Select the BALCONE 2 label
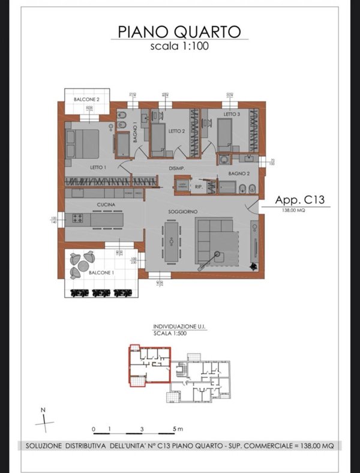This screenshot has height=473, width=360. pyautogui.click(x=86, y=98)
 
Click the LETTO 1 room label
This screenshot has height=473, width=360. pyautogui.click(x=98, y=167)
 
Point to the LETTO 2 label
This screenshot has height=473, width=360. pyautogui.click(x=175, y=130)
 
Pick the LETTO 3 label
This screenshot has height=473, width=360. pyautogui.click(x=232, y=114)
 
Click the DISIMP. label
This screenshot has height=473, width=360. pyautogui.click(x=176, y=168)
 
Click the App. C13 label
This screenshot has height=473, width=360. pyautogui.click(x=299, y=200)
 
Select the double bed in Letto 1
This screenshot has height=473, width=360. pyautogui.click(x=82, y=144)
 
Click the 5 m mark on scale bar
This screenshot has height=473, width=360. pyautogui.click(x=173, y=430)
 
